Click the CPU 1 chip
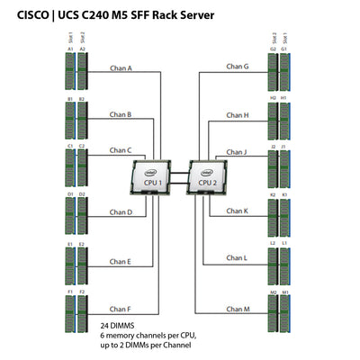click(153, 176)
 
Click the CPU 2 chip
click(206, 176)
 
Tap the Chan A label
click(121, 67)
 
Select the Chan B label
click(121, 115)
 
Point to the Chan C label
click(121, 151)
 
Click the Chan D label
click(121, 212)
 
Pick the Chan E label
click(121, 262)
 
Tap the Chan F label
click(121, 309)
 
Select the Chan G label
click(238, 67)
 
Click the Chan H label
click(238, 115)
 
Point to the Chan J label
click(238, 151)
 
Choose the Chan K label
click(238, 211)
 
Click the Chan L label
click(238, 258)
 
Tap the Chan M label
click(238, 309)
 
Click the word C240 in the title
click(114, 15)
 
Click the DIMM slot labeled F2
click(82, 310)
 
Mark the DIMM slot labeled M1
click(285, 310)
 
